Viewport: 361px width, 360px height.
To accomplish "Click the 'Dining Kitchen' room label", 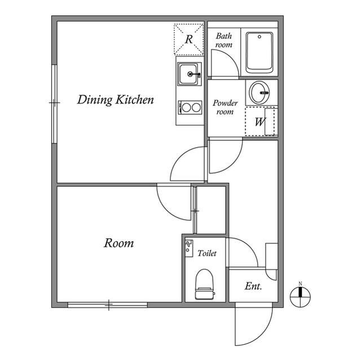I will coord(116,101).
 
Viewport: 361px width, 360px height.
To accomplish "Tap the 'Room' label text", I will coord(119,243).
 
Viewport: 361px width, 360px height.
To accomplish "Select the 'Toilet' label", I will coord(207,254).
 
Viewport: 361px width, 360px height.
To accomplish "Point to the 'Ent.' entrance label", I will coord(253,287).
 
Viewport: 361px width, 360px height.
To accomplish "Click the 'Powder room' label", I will coord(225,108).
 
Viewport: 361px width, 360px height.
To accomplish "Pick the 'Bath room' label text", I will coord(224,40).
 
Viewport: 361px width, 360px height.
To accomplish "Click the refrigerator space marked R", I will coord(189,39).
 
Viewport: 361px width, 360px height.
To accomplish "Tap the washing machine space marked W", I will coord(261,122).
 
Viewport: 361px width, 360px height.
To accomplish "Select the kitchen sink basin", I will coord(189,74).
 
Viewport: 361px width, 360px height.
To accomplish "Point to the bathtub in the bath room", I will coord(259,52).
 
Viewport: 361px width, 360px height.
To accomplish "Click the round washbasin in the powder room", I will coord(260,91).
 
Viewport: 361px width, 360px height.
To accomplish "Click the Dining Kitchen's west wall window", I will coord(54,103).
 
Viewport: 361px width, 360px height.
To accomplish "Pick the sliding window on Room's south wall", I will coord(108,305).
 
